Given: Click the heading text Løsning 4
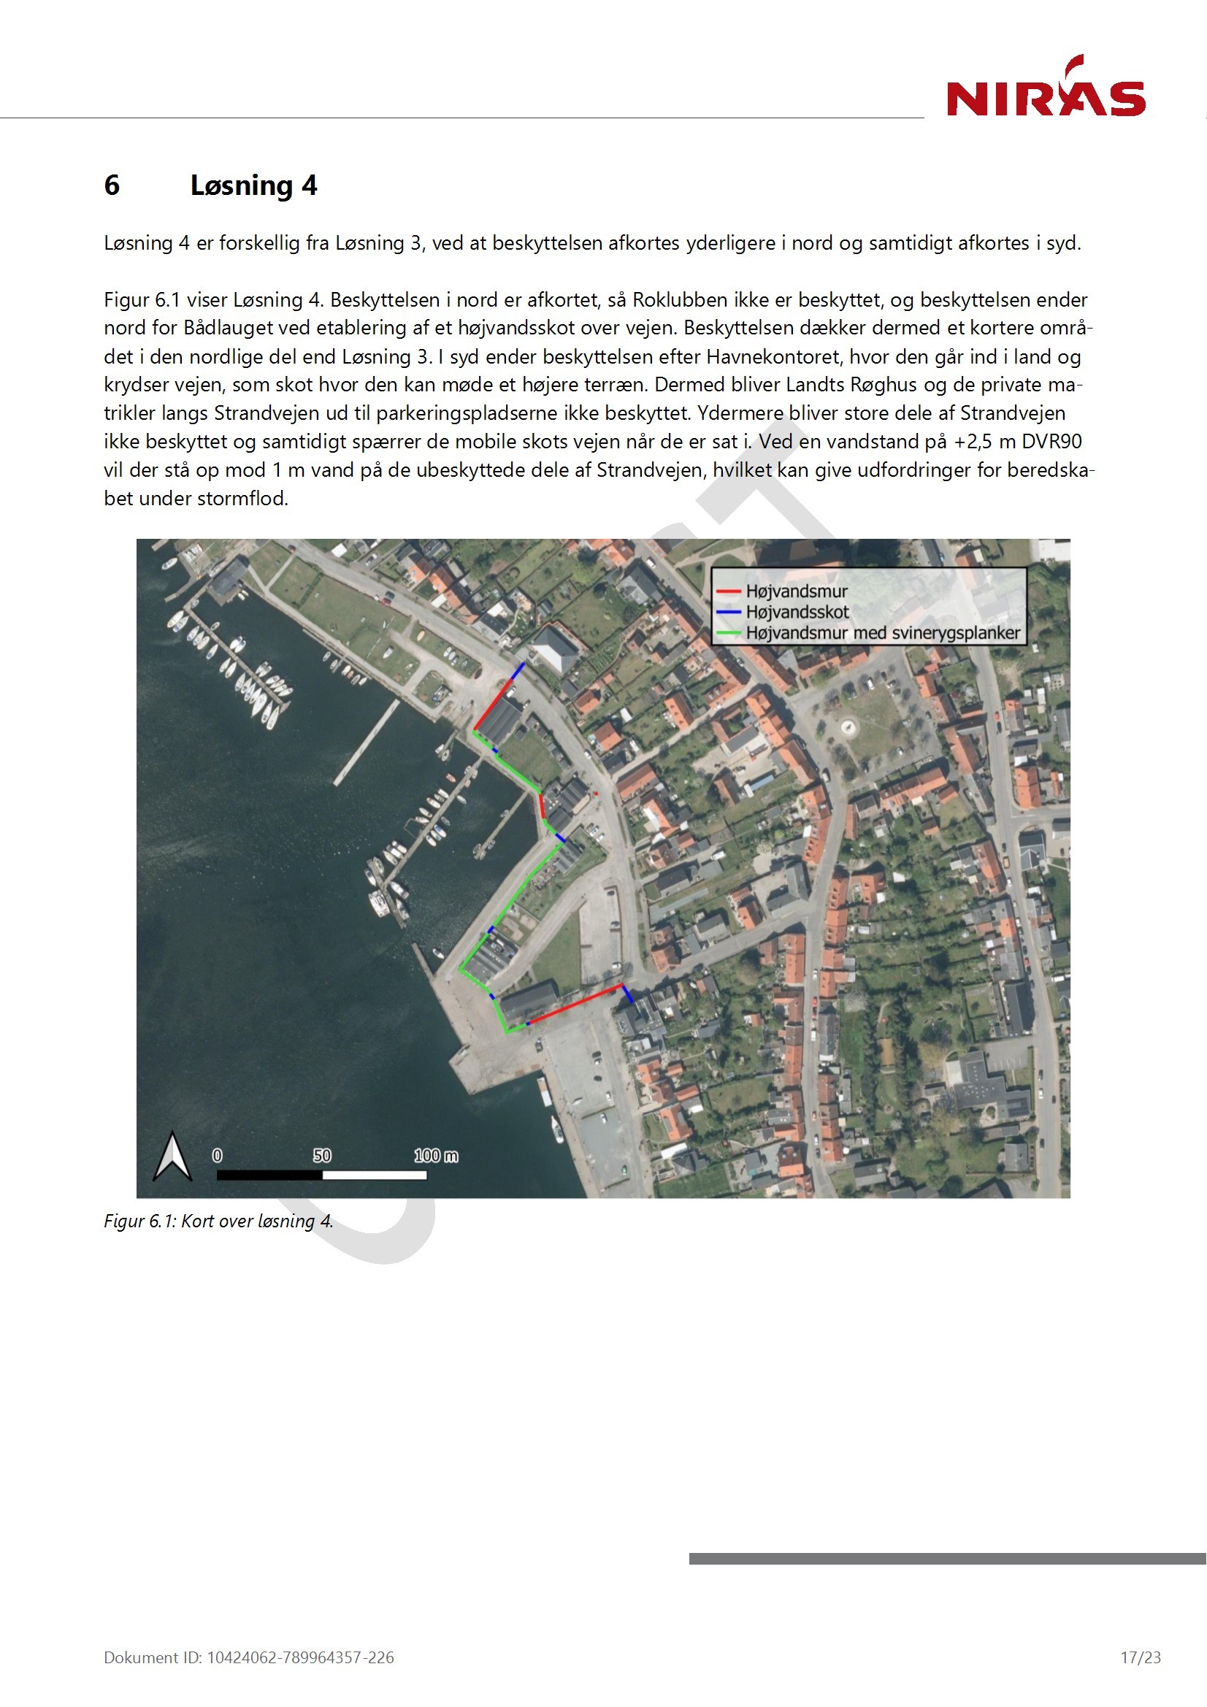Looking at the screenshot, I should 253,185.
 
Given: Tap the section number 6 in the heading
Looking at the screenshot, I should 112,185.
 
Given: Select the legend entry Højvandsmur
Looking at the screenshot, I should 796,591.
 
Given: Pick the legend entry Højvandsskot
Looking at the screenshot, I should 797,612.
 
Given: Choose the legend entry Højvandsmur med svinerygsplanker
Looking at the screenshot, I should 883,633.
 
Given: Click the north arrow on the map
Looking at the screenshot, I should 172,1156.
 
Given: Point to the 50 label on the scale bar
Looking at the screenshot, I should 321,1155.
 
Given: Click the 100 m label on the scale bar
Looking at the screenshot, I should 436,1155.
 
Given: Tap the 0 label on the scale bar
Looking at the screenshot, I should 217,1155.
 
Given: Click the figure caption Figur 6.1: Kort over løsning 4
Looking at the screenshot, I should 218,1221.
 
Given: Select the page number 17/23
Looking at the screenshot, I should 1140,1657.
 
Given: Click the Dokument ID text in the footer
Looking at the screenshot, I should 249,1657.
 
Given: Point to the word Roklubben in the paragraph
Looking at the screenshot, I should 680,299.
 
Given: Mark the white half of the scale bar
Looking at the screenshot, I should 374,1175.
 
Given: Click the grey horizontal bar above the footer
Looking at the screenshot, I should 947,1558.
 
